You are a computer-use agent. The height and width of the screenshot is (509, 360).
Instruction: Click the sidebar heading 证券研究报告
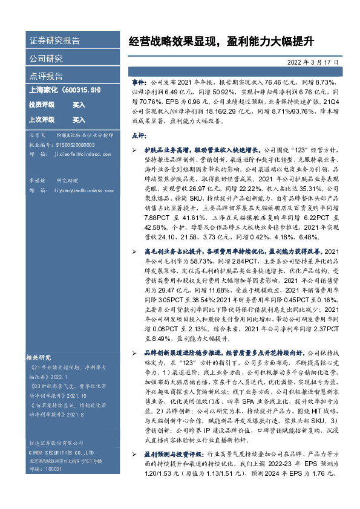click(x=54, y=41)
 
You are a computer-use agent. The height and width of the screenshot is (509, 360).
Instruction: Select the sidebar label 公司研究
click(x=46, y=59)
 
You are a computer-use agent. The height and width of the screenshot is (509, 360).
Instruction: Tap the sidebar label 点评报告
click(x=46, y=76)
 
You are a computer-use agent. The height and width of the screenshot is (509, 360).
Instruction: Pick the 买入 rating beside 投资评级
click(x=79, y=105)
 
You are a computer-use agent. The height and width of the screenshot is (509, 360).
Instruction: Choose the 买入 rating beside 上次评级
click(x=79, y=120)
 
